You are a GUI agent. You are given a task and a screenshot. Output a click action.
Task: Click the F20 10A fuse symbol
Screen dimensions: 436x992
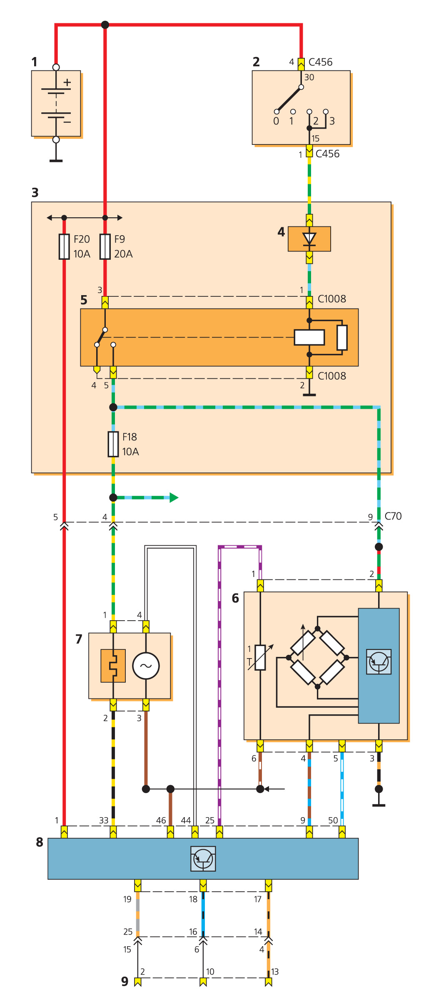64,246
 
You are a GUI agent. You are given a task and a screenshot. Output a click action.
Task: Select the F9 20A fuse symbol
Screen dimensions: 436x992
105,246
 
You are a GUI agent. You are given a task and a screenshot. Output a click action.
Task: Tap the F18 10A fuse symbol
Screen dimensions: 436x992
113,444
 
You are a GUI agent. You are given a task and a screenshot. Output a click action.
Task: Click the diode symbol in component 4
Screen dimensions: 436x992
309,239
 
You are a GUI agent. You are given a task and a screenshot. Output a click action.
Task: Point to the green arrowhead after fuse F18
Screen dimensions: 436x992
174,497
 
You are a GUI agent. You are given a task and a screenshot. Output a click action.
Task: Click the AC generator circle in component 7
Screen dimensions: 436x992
146,666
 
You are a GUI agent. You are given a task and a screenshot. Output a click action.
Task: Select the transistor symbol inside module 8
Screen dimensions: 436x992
203,858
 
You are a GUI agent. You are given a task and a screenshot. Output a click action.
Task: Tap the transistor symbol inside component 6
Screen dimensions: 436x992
379,661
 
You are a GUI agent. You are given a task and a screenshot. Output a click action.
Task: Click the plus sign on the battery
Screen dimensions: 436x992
67,82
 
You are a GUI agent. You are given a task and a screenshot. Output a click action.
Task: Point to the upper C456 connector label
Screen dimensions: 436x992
320,62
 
